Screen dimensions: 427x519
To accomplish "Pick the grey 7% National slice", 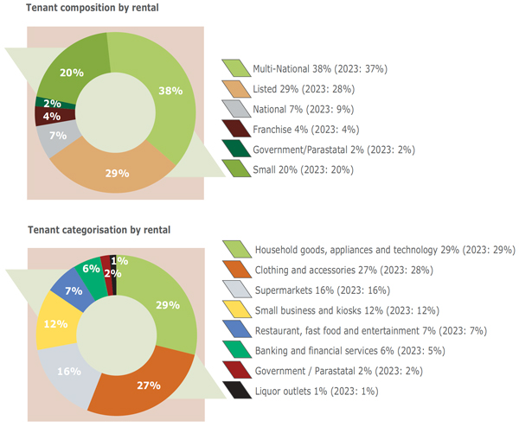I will [x=58, y=137].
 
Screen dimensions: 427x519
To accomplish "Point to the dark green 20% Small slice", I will [x=72, y=73].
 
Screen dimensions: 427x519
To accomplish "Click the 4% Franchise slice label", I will [x=52, y=116].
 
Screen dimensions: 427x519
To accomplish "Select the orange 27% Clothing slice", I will [x=147, y=384].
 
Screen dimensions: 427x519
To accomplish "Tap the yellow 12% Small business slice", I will [x=55, y=324].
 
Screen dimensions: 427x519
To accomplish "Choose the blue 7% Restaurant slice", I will [x=74, y=290].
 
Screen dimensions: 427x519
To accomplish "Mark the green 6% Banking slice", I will [x=91, y=270].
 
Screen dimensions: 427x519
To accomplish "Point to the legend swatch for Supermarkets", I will [x=236, y=290].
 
